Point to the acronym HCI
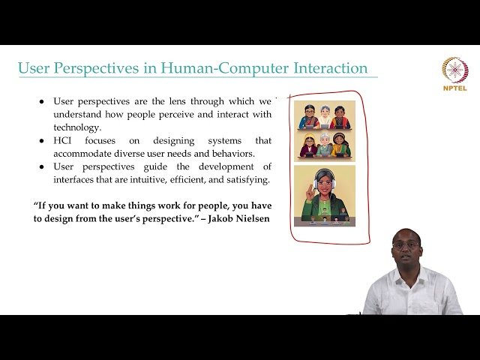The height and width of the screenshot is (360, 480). (63, 141)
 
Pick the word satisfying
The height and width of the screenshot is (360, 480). (244, 179)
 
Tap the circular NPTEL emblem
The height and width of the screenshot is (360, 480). (454, 70)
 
